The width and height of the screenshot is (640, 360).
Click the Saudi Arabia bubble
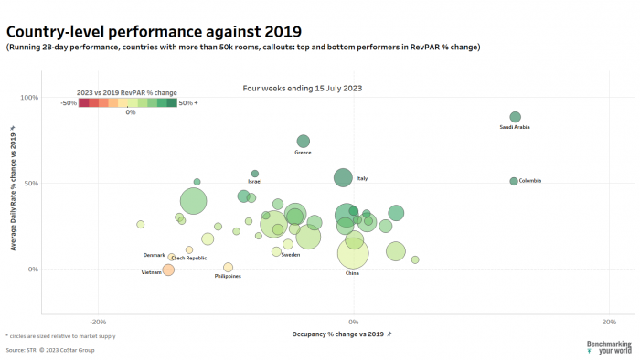click(x=515, y=117)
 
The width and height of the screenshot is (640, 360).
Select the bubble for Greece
click(x=304, y=141)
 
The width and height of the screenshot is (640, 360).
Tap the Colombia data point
click(x=514, y=181)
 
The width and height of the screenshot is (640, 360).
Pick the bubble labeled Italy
click(x=343, y=177)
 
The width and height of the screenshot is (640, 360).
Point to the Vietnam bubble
click(x=168, y=270)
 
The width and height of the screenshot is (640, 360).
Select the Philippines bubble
click(x=228, y=268)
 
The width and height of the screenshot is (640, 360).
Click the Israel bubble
click(x=255, y=174)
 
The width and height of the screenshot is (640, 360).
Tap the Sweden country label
click(x=291, y=255)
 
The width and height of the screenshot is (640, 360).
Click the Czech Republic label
click(x=189, y=259)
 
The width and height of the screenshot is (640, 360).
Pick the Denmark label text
click(x=155, y=255)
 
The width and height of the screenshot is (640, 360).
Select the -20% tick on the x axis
click(x=99, y=322)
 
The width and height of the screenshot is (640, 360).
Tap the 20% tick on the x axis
click(x=609, y=322)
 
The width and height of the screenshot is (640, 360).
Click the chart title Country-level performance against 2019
click(x=153, y=32)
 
